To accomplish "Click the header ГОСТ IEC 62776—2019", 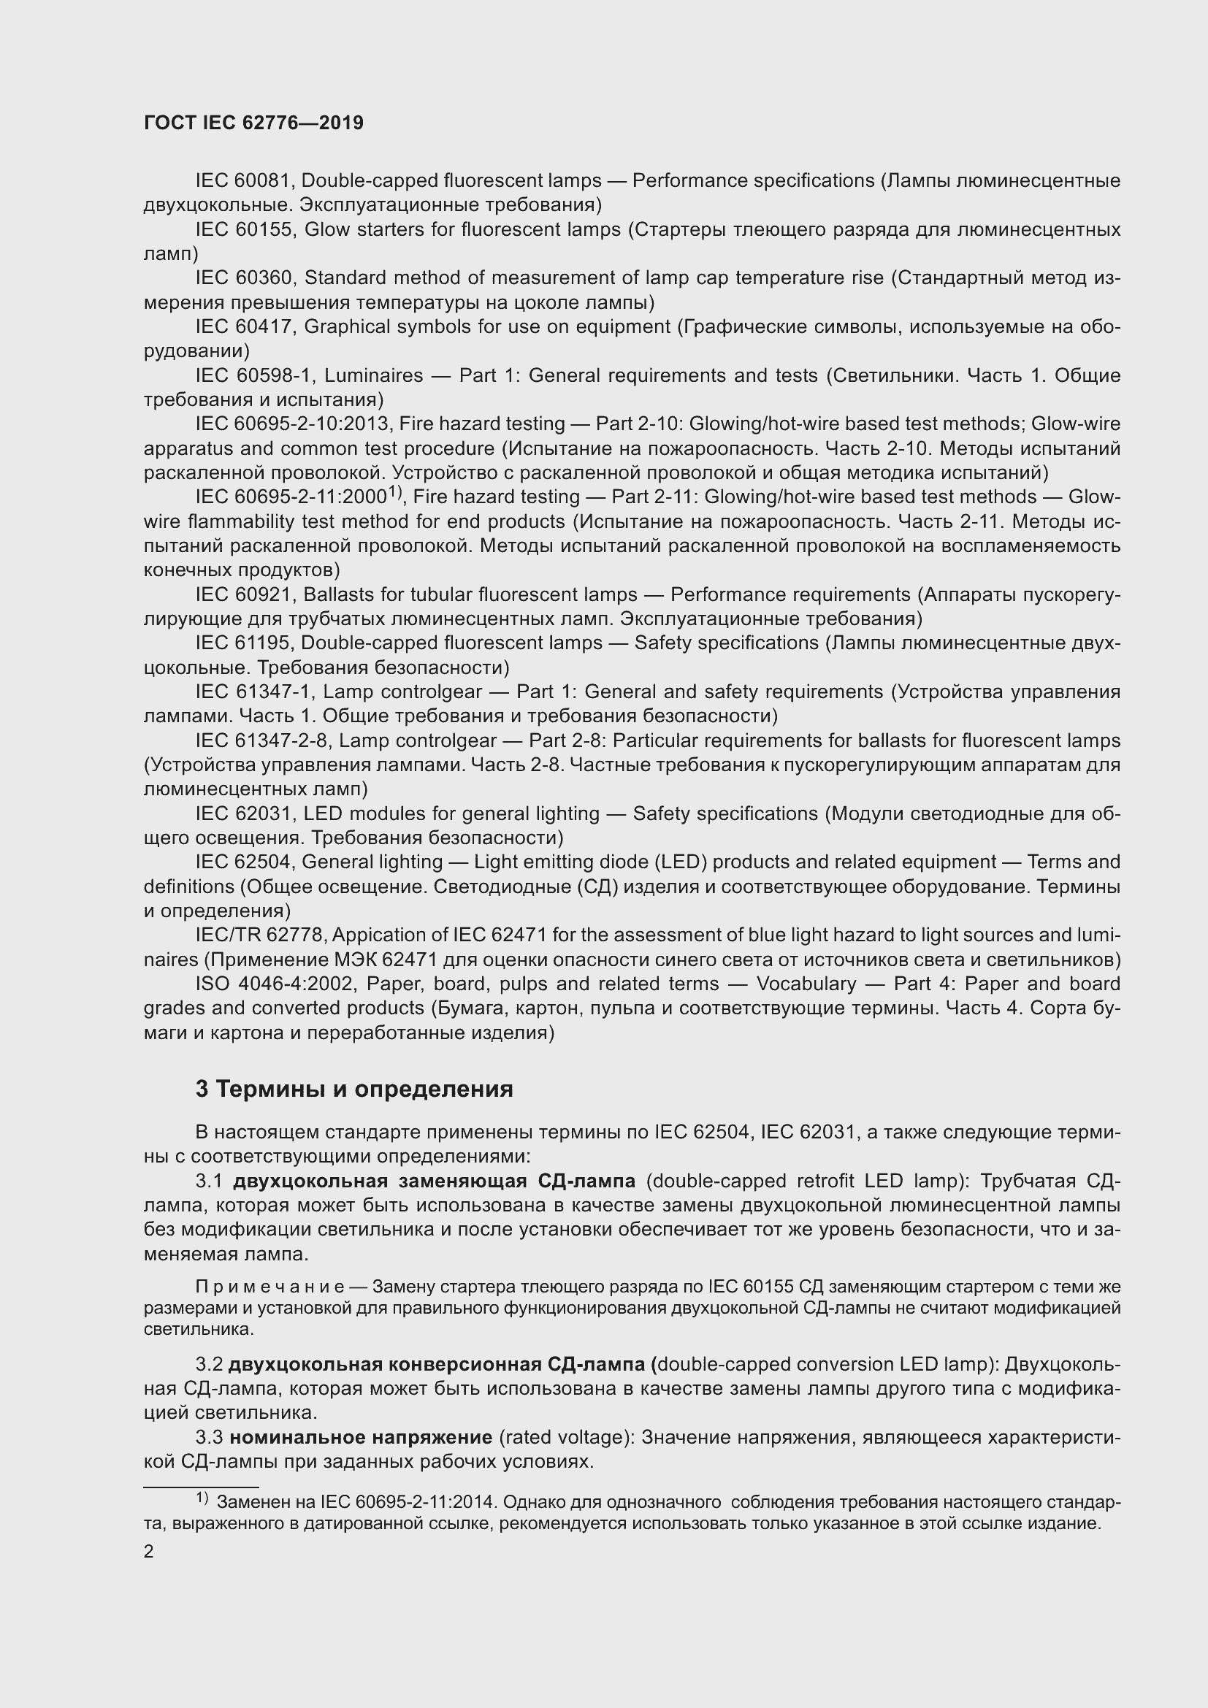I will pyautogui.click(x=253, y=123).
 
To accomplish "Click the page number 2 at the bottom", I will pyautogui.click(x=149, y=1552).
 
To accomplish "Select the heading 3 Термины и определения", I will pyautogui.click(x=354, y=1089).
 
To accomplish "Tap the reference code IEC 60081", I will pyautogui.click(x=245, y=181).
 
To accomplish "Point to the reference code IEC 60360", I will pyautogui.click(x=245, y=278).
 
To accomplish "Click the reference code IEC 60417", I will pyautogui.click(x=245, y=326).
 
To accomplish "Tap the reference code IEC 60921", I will pyautogui.click(x=245, y=595).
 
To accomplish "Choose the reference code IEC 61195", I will pyautogui.click(x=245, y=643).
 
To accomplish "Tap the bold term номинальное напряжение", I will pyautogui.click(x=361, y=1437).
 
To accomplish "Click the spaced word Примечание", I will pyautogui.click(x=269, y=1286).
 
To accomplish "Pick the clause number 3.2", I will pyautogui.click(x=209, y=1364).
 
